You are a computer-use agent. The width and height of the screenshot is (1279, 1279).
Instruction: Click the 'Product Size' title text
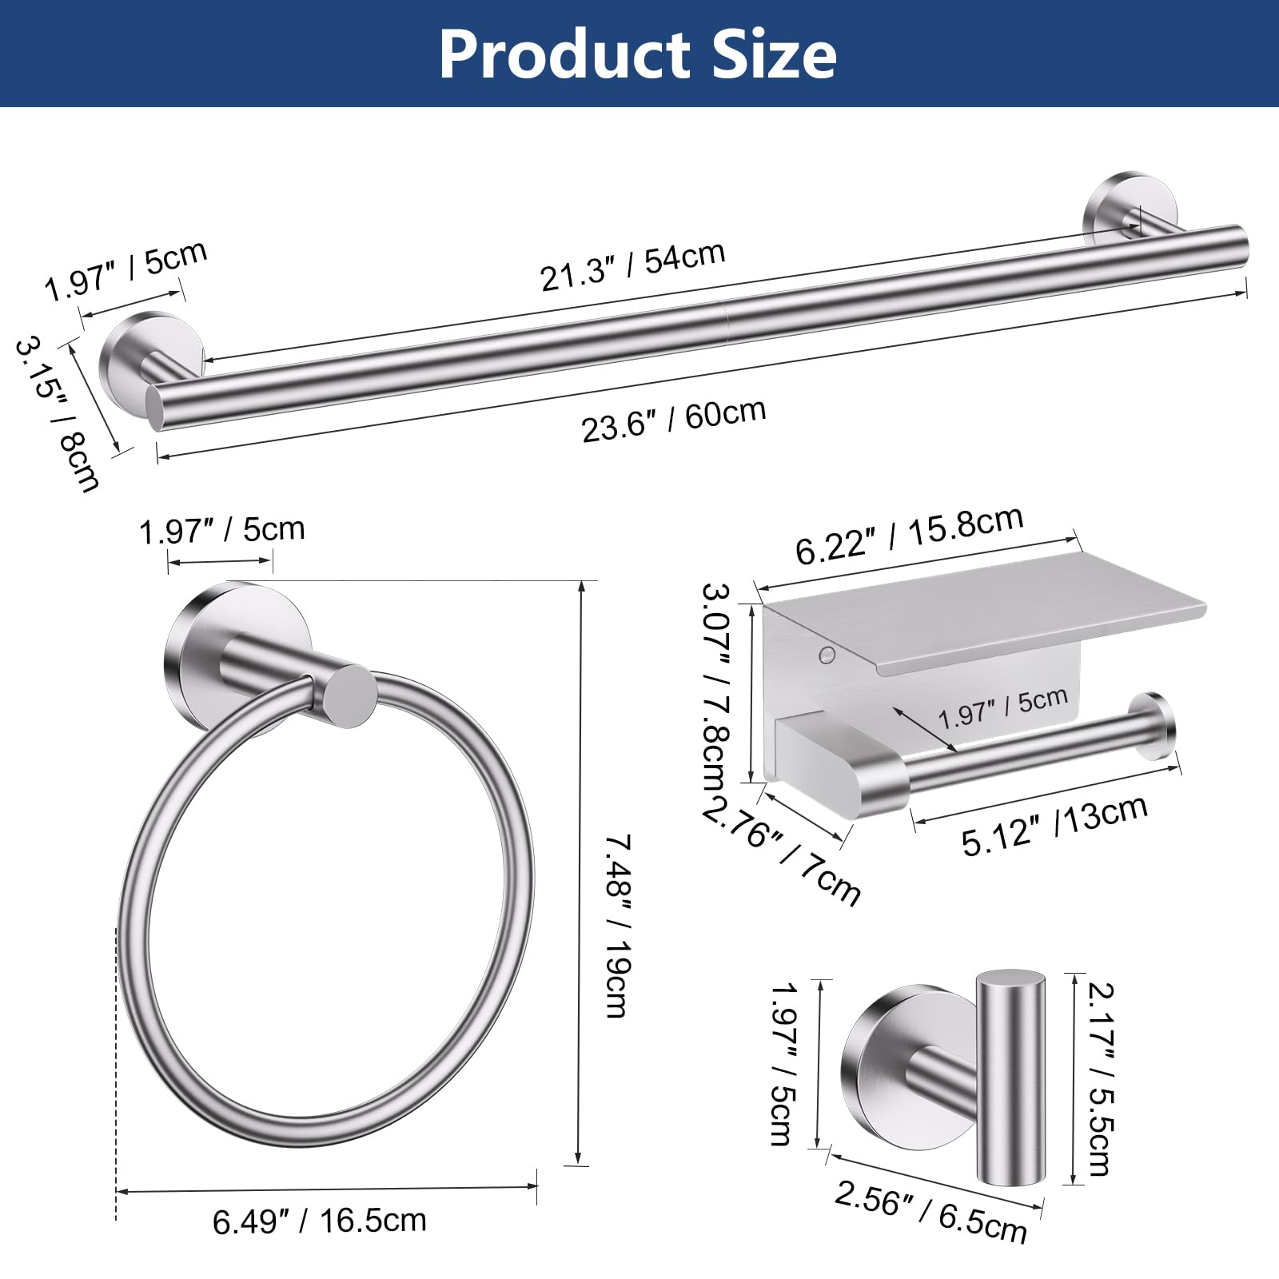click(638, 54)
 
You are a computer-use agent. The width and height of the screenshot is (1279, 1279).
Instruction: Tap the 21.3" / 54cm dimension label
click(632, 265)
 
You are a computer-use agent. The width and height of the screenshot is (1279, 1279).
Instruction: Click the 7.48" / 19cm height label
click(617, 926)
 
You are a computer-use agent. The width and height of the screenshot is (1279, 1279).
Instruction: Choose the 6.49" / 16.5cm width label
click(320, 1221)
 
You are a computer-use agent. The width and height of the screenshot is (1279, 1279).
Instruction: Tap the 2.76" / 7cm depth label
click(783, 852)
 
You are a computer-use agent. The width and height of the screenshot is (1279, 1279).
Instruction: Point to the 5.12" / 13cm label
click(1055, 825)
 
